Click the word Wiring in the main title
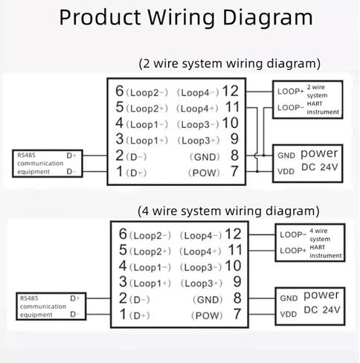[181, 18]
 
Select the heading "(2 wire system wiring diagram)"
[229, 64]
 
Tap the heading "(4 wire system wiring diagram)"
[228, 211]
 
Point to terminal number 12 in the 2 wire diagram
[231, 91]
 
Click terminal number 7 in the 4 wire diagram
[237, 314]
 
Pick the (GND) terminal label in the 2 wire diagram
[205, 157]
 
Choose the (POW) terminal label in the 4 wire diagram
[207, 315]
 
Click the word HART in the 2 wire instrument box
[315, 103]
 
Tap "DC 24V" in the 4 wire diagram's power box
[322, 309]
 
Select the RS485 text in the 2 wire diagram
[26, 155]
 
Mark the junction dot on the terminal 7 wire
[257, 171]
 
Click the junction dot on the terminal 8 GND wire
[264, 155]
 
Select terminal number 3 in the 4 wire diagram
[123, 282]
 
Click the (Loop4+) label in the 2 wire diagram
[197, 109]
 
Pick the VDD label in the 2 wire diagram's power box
[286, 171]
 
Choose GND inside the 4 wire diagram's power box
[289, 298]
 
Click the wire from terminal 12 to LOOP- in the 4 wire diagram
[262, 234]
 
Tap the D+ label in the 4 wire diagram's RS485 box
[75, 298]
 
